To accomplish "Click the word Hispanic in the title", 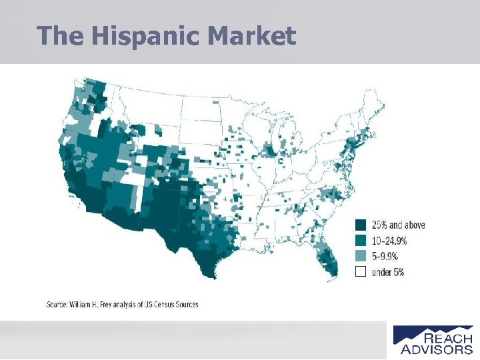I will tap(143, 36).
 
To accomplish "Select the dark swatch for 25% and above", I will tap(361, 225).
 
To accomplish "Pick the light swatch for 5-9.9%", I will tap(361, 256).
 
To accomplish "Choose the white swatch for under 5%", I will tap(361, 271).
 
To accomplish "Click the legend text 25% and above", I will tap(398, 225).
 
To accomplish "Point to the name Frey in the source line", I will tap(109, 305).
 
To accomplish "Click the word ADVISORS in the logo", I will tap(437, 349).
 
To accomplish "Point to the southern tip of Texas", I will tap(211, 273).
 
